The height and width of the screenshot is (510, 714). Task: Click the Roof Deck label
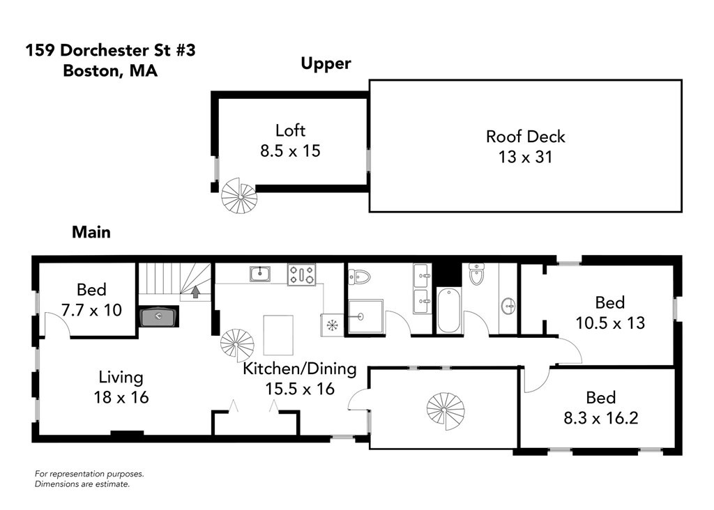(525, 137)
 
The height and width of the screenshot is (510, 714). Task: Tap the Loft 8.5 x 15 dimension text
(290, 150)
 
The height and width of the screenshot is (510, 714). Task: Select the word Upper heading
(326, 63)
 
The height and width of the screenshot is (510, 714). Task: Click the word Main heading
(91, 232)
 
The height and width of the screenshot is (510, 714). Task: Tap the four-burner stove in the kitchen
(301, 274)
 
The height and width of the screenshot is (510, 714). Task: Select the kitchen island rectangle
(278, 335)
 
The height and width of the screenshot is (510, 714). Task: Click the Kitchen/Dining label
(299, 369)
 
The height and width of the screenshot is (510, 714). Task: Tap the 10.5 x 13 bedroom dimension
(609, 323)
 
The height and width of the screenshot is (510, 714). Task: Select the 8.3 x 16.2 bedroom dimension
(600, 417)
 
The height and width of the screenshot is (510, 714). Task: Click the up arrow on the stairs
(196, 292)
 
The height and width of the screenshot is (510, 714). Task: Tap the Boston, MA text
(110, 70)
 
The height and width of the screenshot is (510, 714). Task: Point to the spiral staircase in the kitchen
(237, 343)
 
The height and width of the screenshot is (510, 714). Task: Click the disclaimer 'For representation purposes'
(89, 474)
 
